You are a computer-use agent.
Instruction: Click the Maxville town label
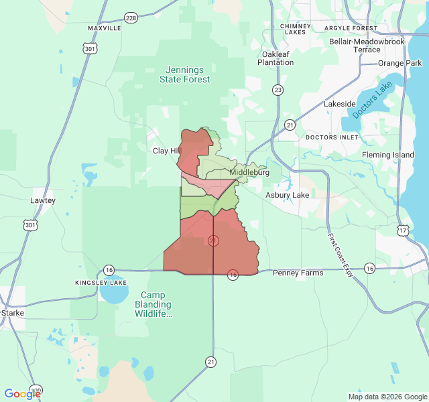click(105, 28)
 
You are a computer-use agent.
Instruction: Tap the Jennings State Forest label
click(185, 74)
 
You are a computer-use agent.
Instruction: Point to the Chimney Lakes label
click(295, 29)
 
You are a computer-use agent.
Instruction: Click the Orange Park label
click(400, 63)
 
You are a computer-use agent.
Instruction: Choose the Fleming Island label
click(389, 155)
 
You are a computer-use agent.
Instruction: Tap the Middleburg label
click(249, 172)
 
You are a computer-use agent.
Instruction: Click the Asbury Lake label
click(287, 195)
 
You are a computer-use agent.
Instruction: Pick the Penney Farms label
click(298, 273)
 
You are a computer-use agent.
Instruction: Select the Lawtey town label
click(43, 200)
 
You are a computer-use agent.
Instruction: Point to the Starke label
click(12, 312)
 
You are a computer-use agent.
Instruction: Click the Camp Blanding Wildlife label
click(153, 304)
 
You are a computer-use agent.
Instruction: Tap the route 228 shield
click(131, 17)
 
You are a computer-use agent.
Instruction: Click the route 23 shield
click(278, 90)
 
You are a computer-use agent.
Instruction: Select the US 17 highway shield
click(402, 230)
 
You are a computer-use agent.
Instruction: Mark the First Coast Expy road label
click(341, 257)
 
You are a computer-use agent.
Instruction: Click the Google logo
click(22, 394)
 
